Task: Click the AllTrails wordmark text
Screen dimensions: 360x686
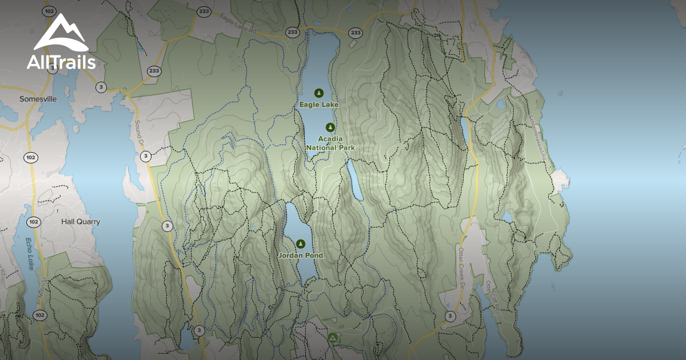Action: (61, 62)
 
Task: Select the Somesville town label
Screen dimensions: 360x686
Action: (38, 99)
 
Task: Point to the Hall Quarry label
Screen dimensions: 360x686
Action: (81, 222)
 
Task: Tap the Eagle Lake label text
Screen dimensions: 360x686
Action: (319, 105)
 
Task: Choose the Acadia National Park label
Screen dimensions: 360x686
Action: (330, 143)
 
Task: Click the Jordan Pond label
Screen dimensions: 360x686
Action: (301, 255)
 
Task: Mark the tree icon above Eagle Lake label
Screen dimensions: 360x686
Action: (319, 93)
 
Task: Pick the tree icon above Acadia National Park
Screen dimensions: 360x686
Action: (330, 127)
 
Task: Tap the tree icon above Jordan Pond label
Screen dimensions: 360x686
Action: (301, 244)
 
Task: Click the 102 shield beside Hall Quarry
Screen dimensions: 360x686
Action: (33, 222)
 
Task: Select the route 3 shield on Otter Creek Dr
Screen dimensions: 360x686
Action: (450, 316)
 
